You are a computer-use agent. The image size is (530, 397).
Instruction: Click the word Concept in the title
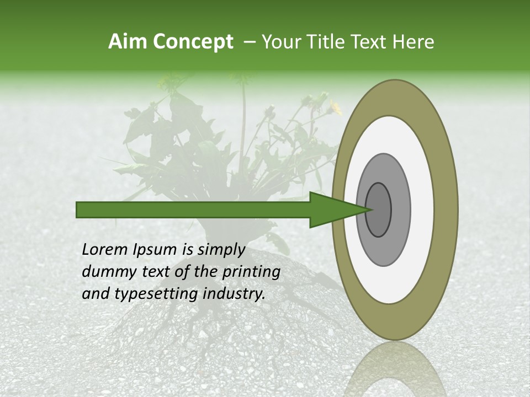(x=193, y=42)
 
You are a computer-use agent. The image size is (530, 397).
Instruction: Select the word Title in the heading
(x=325, y=42)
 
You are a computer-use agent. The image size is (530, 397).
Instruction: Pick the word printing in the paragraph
(x=251, y=272)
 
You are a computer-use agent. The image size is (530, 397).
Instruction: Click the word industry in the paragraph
(x=234, y=293)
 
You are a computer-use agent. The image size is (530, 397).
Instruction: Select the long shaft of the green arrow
(x=193, y=210)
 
